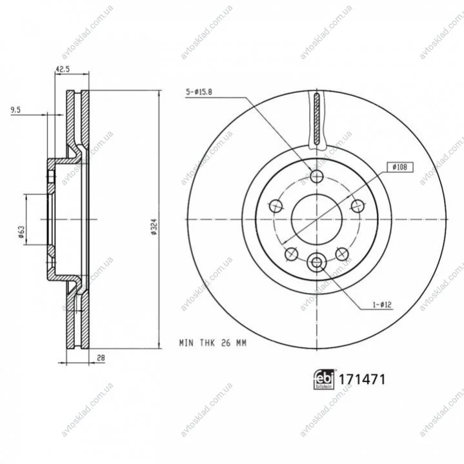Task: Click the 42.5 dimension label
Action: coord(63,69)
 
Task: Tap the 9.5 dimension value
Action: coord(15,110)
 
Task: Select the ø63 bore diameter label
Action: coord(21,232)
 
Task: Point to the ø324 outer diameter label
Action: coord(154,227)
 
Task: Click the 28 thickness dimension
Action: coord(101,358)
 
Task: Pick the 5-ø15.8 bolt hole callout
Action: coord(199,92)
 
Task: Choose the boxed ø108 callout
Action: coord(399,167)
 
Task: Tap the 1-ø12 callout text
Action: coord(382,305)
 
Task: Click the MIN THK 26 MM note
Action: coord(213,343)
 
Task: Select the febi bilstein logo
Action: coord(324,379)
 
